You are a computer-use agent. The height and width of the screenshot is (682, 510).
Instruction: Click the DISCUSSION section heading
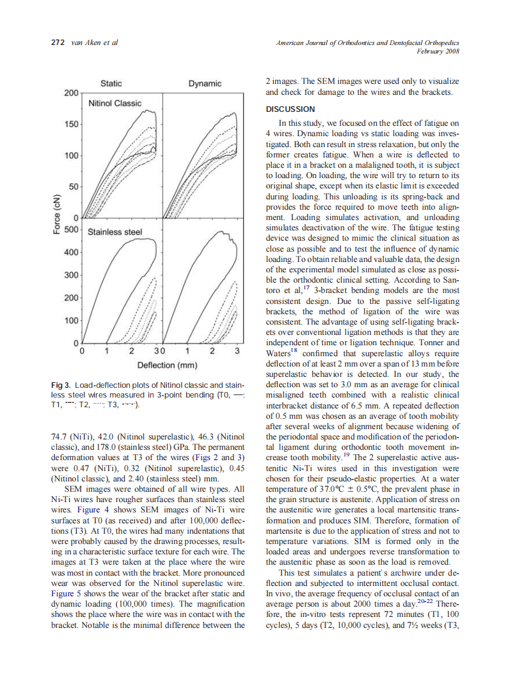point(290,109)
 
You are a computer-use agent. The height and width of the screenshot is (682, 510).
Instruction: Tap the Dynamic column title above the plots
point(204,83)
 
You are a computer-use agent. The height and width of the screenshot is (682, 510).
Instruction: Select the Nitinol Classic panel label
point(115,103)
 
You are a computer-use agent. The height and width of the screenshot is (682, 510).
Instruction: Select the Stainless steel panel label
point(115,232)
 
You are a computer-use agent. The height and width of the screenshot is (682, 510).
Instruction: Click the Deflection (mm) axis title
point(165,365)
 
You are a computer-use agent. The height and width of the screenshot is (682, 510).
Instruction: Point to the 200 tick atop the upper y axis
point(71,93)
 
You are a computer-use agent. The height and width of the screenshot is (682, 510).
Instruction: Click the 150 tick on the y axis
point(71,124)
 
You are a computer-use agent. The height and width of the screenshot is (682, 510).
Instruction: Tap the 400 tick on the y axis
point(71,252)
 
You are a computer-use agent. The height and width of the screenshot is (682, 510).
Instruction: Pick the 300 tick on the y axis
point(71,275)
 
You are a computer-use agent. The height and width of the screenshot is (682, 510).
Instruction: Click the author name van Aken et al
point(94,43)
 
